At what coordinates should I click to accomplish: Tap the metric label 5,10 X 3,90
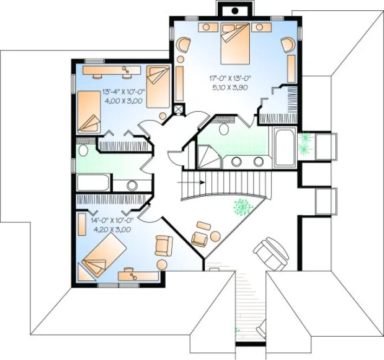tap(229, 87)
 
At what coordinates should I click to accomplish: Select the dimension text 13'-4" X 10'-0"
tap(123, 92)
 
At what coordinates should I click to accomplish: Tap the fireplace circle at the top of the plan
tap(235, 10)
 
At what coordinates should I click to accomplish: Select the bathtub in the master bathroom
tap(284, 147)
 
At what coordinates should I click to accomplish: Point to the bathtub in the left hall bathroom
tap(94, 183)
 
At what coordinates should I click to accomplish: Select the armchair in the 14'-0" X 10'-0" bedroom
tap(163, 246)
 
